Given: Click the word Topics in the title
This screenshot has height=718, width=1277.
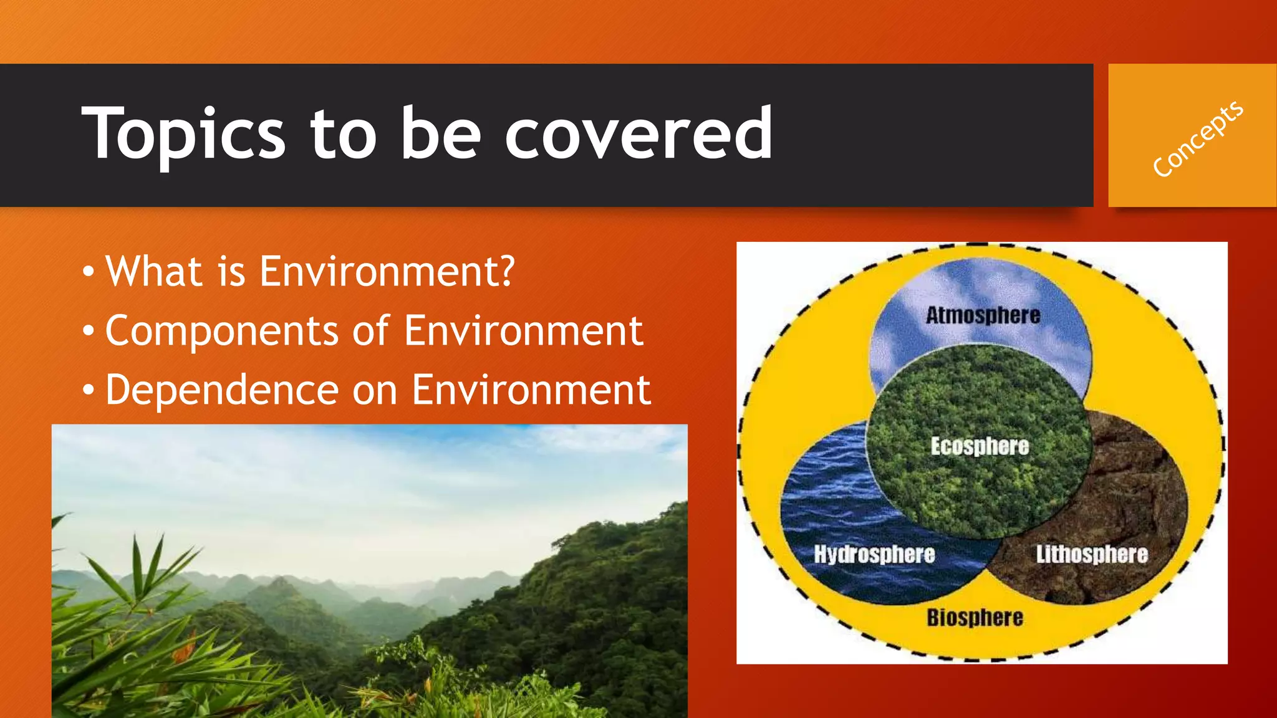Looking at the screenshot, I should [x=183, y=133].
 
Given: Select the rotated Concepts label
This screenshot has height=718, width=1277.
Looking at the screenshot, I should [x=1197, y=139].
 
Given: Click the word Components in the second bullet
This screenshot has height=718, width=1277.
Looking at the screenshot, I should [x=221, y=332].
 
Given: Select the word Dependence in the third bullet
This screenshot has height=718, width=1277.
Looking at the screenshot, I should [x=221, y=390].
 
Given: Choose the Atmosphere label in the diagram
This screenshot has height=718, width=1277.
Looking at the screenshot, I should [x=983, y=315].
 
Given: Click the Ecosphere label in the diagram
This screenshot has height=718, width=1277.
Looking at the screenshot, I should [x=980, y=446].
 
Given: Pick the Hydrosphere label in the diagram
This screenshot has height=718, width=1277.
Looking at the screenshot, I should [x=874, y=554].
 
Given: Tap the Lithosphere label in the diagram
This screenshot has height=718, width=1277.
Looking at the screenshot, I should [x=1092, y=554].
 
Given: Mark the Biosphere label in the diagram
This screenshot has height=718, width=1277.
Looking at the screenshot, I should [x=975, y=618].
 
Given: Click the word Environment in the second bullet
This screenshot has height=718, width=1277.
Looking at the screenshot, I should [x=523, y=331].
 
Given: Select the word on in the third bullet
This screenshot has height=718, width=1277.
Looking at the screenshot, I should [x=375, y=391].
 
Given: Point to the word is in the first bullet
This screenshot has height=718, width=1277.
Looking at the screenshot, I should [x=231, y=272].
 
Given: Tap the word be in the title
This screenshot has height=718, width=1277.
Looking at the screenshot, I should [x=440, y=133].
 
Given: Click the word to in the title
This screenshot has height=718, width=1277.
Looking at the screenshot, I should [x=344, y=133].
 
